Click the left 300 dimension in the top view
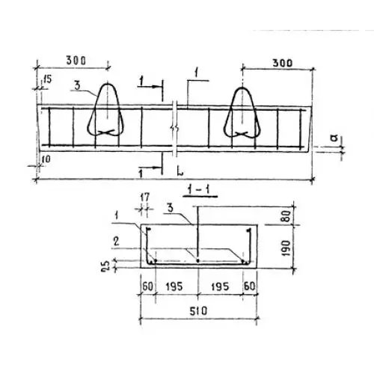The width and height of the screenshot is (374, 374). [76, 61]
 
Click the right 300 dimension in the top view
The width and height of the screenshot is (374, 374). [283, 63]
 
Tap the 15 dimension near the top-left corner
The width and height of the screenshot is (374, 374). [47, 80]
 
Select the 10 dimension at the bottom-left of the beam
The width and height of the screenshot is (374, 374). [46, 159]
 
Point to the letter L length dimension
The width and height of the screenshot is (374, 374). [180, 171]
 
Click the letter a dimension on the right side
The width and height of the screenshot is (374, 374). [335, 138]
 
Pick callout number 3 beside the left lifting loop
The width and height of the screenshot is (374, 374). [78, 86]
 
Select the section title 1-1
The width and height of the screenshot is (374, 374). [200, 191]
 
